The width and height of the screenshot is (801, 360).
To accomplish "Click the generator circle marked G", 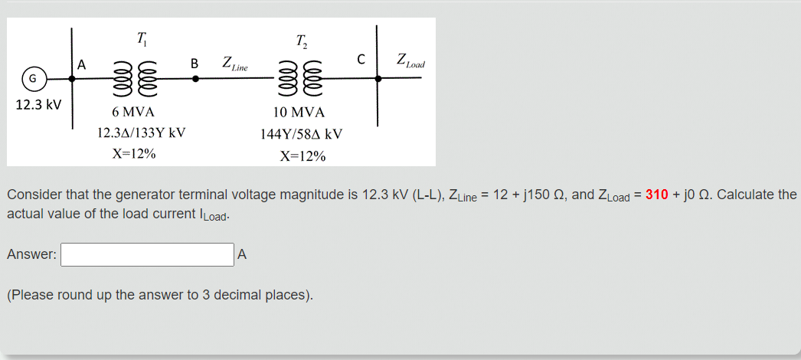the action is point(33,78).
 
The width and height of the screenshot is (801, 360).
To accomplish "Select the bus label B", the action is point(195,63).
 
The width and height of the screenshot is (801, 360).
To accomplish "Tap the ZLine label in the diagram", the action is point(234,64).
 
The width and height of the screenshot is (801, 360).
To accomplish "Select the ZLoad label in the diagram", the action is point(410,61).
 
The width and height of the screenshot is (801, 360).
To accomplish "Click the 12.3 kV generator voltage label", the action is point(38,103).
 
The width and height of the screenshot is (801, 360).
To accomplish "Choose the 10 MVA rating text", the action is point(303,113).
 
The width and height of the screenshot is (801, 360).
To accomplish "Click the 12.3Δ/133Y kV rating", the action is point(142,133).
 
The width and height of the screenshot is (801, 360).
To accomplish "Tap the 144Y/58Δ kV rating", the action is point(301,134).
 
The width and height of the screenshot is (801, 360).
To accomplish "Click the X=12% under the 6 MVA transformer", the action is point(133,153).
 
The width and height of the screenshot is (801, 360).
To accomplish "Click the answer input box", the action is point(147,254).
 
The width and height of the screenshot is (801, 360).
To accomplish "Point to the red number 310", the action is point(657,195).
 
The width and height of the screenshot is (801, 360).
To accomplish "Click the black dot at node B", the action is point(195,78).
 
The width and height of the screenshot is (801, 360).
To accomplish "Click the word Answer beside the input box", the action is point(31,255).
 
